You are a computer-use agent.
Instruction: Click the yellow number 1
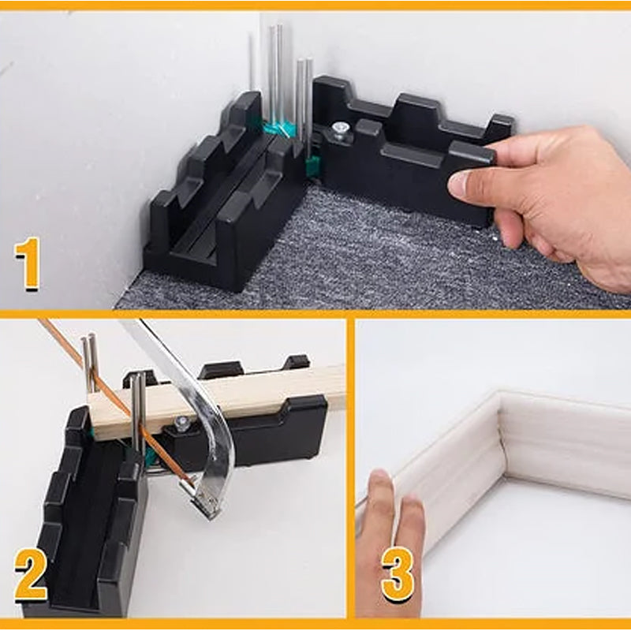click(x=28, y=266)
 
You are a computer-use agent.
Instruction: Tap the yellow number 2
click(x=30, y=579)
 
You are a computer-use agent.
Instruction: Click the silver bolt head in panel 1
click(x=339, y=129)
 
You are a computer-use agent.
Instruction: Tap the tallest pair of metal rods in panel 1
click(x=275, y=75)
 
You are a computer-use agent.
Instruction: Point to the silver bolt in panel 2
click(x=182, y=424)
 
